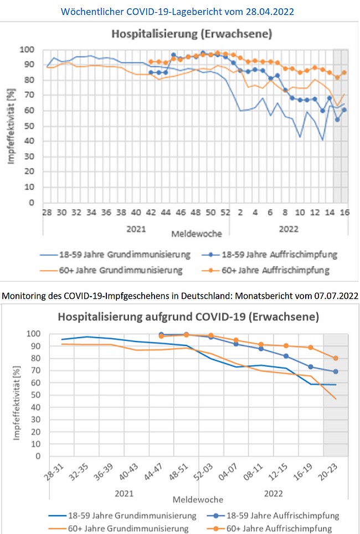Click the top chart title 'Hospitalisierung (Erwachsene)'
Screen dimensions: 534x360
[192, 34]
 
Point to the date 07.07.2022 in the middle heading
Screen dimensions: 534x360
[330, 296]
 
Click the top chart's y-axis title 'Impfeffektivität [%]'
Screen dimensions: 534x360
[11, 126]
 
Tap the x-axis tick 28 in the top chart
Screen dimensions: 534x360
[47, 212]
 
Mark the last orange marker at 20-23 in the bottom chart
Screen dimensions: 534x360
[336, 358]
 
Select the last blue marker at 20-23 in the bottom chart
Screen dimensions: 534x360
[336, 371]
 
